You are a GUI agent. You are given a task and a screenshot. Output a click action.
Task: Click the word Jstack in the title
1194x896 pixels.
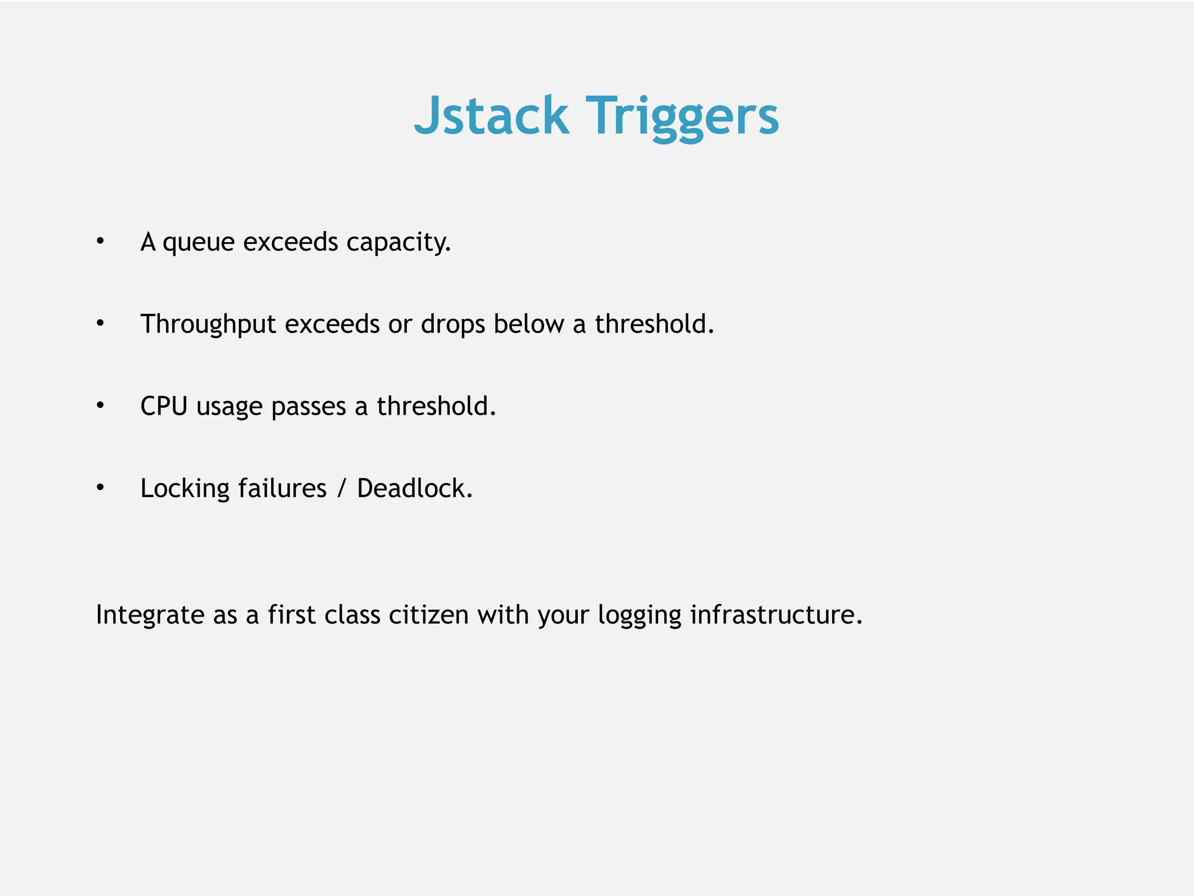click(491, 116)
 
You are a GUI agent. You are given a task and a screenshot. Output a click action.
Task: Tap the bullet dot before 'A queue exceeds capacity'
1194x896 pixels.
click(100, 241)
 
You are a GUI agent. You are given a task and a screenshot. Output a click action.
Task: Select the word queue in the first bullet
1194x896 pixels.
click(198, 243)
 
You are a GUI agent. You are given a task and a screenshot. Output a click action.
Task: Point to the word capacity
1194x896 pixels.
click(398, 243)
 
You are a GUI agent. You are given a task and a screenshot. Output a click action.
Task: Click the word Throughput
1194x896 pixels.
click(208, 325)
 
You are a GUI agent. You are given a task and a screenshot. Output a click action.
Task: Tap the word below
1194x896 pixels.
click(529, 324)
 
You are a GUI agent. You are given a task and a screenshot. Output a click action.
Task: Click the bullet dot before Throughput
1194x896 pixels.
click(100, 323)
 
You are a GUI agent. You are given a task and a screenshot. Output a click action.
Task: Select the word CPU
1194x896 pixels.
click(164, 406)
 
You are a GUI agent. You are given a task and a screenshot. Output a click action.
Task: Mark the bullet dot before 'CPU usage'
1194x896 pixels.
click(100, 405)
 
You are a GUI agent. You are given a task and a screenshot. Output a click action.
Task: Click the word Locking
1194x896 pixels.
click(185, 489)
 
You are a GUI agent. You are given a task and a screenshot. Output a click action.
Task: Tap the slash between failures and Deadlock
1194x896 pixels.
click(342, 488)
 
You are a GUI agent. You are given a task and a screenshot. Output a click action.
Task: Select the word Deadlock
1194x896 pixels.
click(414, 488)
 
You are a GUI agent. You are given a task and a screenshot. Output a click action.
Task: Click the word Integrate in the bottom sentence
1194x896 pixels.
click(150, 615)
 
